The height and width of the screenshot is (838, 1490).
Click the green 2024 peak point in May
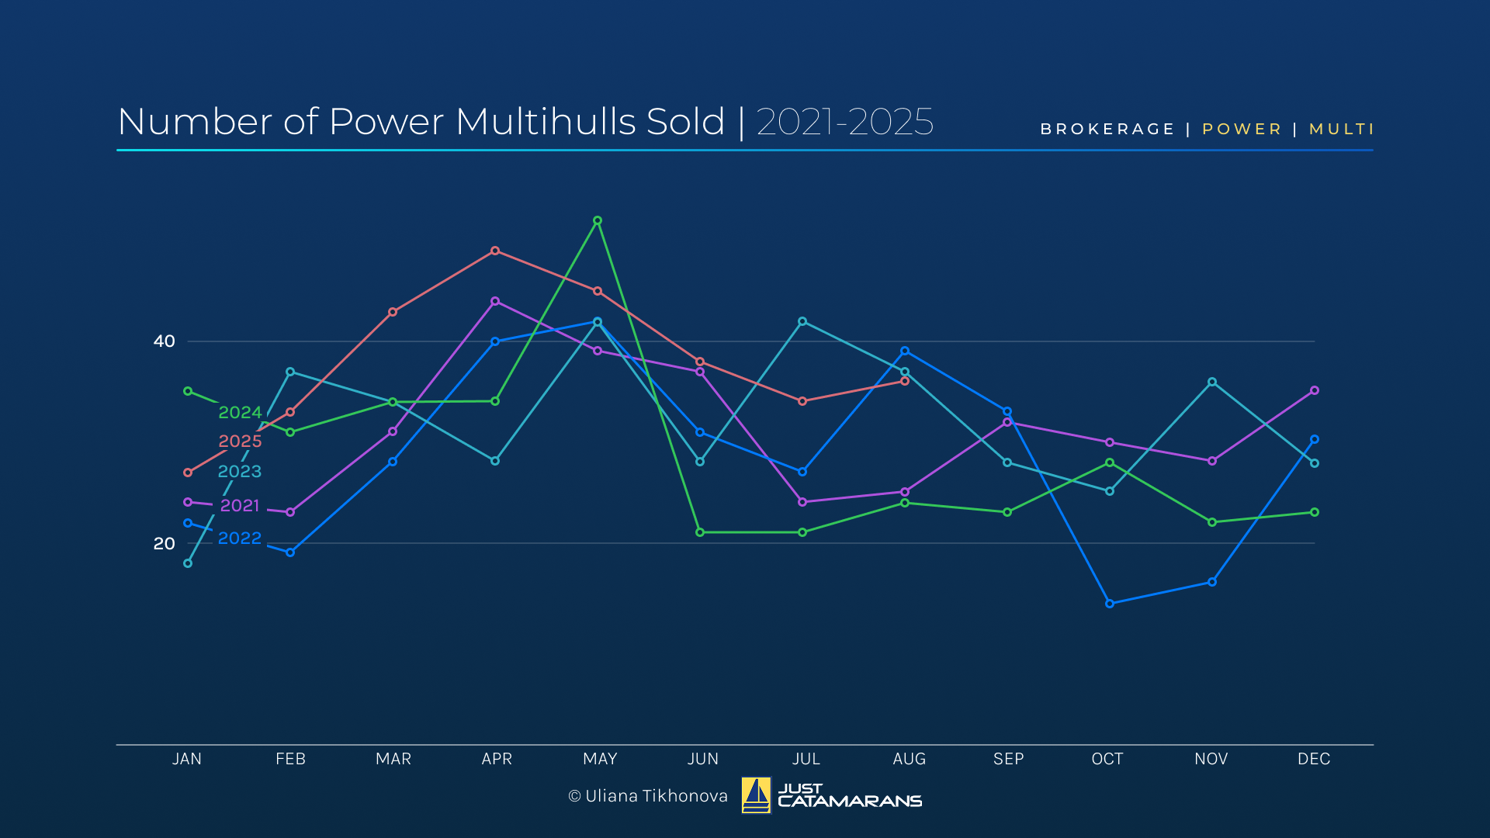point(598,221)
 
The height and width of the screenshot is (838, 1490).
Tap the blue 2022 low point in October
point(1110,604)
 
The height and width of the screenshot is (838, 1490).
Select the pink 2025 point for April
point(495,251)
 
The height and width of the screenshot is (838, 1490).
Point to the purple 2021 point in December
point(1315,391)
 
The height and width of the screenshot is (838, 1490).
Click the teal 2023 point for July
point(802,321)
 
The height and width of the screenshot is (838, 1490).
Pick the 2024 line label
point(240,413)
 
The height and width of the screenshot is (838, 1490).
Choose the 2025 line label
point(240,442)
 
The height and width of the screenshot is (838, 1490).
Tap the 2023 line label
point(239,472)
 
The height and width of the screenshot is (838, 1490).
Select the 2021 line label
point(240,506)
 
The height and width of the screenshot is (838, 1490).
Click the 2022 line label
point(239,538)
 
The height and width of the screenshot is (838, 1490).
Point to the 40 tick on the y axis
point(165,341)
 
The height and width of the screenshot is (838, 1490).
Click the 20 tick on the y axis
point(165,544)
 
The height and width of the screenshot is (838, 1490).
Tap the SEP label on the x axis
point(1008,759)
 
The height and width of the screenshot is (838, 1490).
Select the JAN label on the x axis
point(187,759)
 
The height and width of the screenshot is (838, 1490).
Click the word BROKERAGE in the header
point(1107,130)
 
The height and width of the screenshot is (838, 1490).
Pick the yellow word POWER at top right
point(1242,130)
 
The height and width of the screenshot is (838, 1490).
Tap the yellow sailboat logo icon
point(756,795)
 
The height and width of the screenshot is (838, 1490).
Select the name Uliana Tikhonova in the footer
point(657,796)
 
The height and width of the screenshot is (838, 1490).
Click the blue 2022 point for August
point(905,351)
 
